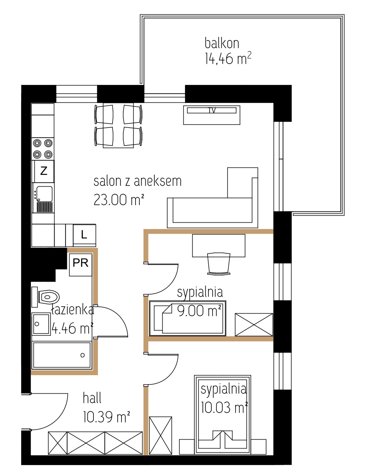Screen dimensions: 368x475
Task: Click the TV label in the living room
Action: [212, 110]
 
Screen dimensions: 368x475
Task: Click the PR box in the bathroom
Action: [80, 264]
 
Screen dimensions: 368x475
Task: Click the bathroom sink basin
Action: [41, 324]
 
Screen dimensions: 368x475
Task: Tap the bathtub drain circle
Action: [82, 355]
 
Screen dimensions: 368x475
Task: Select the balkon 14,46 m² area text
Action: [228, 51]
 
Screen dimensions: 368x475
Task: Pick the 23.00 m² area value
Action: [119, 200]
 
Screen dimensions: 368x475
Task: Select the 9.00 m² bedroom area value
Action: [199, 311]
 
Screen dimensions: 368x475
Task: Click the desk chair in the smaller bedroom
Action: [218, 263]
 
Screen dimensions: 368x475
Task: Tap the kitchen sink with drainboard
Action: [43, 199]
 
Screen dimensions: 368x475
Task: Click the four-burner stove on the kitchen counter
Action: [43, 149]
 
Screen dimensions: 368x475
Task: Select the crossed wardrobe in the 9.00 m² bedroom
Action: [254, 325]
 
